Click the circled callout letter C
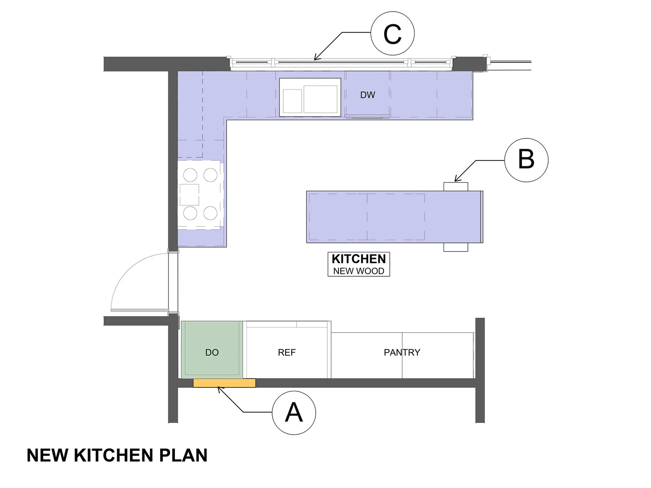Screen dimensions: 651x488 [x=392, y=34]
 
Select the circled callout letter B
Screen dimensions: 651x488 [x=526, y=160]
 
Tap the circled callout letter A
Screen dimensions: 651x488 [x=294, y=413]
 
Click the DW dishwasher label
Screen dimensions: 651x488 [x=368, y=95]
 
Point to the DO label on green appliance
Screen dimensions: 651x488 [x=212, y=352]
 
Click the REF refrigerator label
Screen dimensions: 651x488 [x=287, y=352]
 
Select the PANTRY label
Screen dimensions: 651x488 [x=402, y=352]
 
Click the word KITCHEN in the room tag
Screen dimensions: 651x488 [x=358, y=259]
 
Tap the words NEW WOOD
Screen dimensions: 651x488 [x=358, y=271]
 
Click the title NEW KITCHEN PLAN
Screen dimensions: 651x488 [x=117, y=455]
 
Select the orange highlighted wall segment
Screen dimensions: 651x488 [x=224, y=383]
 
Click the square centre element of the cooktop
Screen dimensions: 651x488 [x=189, y=194]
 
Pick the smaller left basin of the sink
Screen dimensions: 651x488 [x=292, y=101]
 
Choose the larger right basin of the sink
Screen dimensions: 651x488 [x=320, y=99]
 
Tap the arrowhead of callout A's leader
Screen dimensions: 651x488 [x=218, y=388]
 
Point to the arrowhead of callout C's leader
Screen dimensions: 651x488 [x=315, y=59]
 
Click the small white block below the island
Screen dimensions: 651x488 [x=456, y=247]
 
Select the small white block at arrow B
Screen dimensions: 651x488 [x=456, y=187]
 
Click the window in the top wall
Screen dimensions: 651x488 [x=341, y=63]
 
